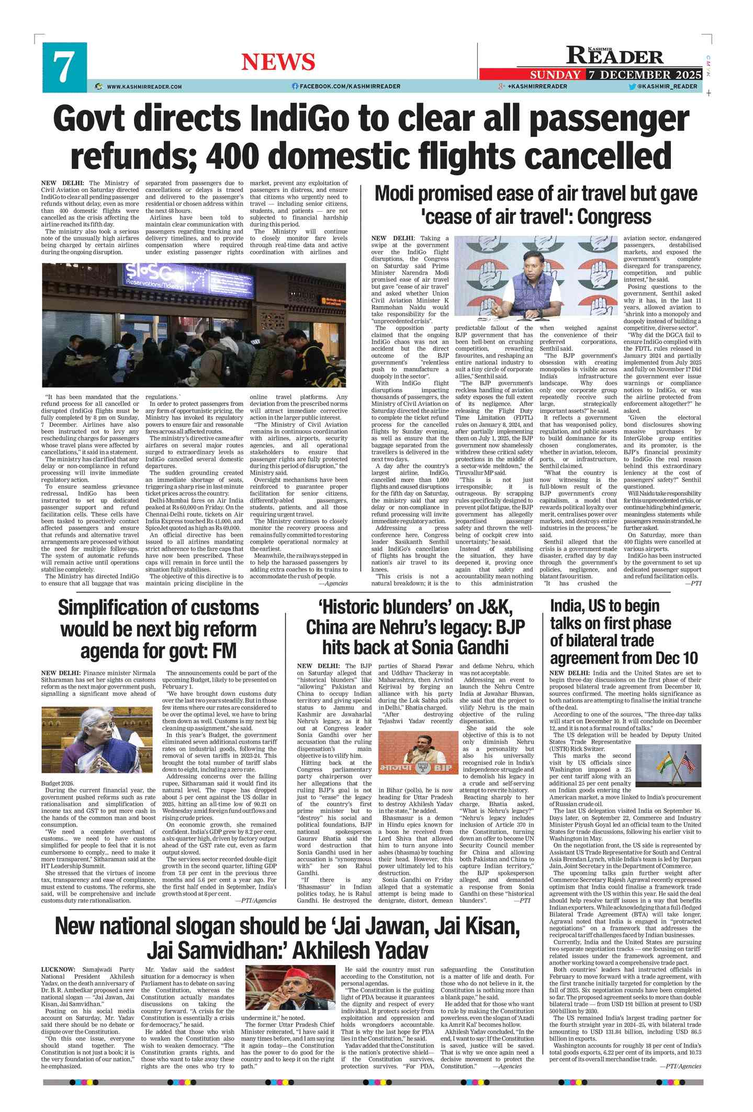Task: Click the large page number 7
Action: (x=64, y=67)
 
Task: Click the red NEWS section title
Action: (x=278, y=62)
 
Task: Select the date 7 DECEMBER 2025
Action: (x=645, y=75)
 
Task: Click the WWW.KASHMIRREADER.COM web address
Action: (x=144, y=87)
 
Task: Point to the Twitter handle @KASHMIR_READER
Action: (x=667, y=86)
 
